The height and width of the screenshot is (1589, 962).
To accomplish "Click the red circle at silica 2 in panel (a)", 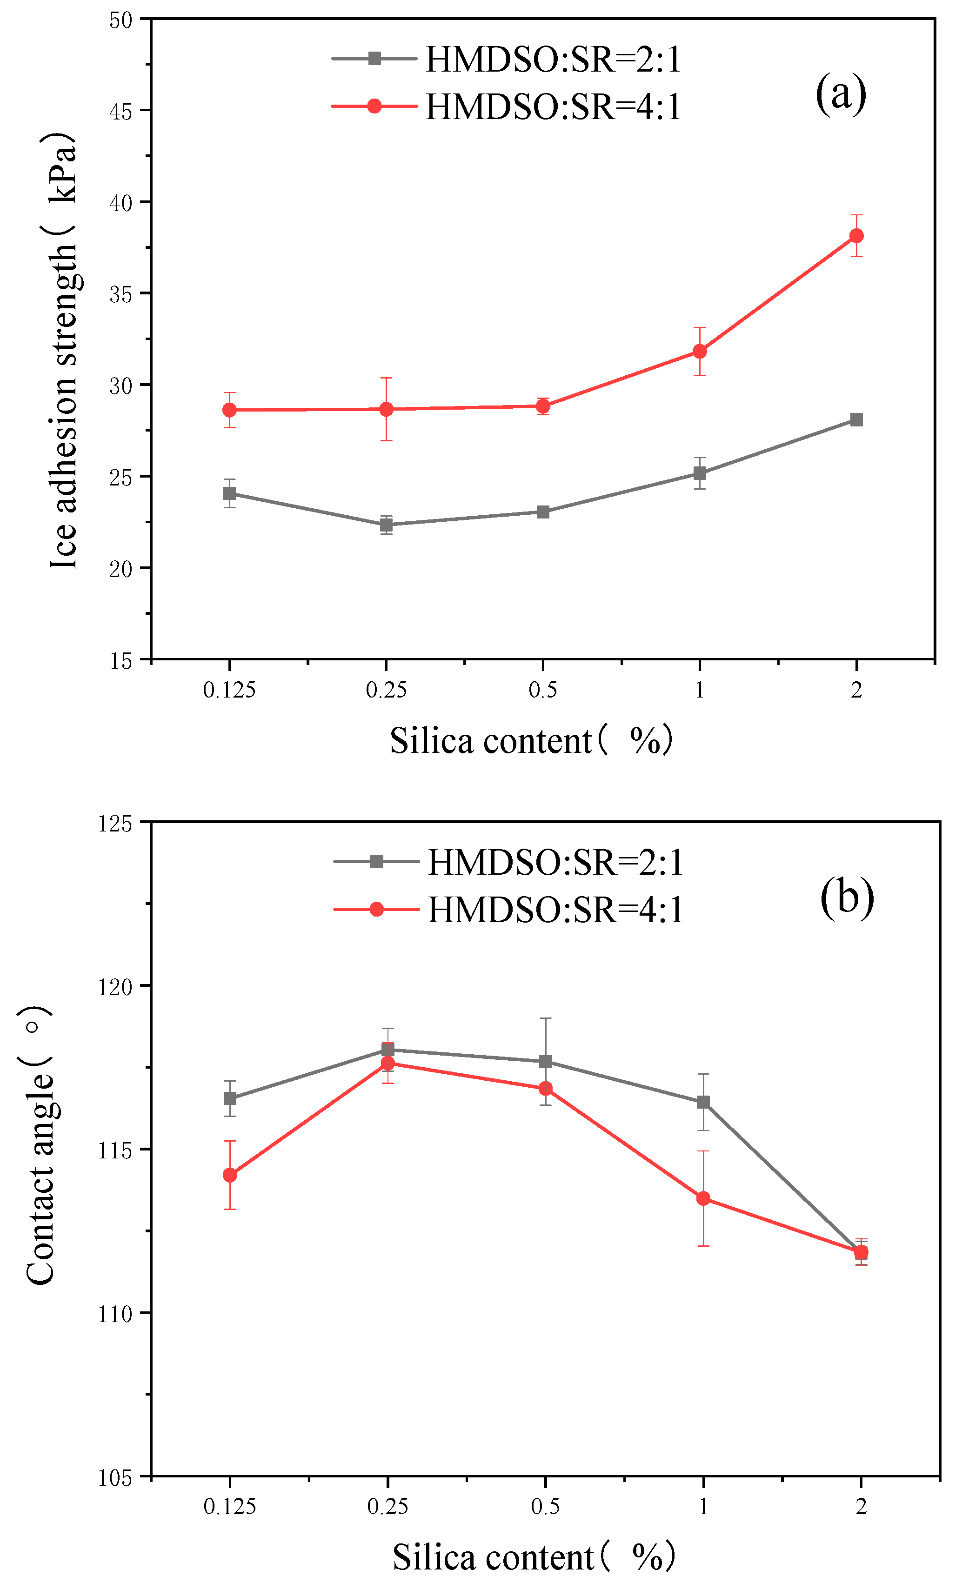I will [856, 236].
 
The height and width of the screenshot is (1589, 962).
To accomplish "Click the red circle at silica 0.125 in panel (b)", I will [230, 1175].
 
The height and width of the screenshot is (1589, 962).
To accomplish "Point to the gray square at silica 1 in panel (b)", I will [703, 1102].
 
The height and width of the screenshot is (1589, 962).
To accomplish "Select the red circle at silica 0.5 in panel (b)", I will [546, 1089].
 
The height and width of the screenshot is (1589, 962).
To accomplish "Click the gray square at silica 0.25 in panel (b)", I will [388, 1049].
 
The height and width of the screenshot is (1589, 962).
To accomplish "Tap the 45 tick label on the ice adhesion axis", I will [120, 112].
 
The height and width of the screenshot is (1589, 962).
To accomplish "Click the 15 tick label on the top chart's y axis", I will [120, 661].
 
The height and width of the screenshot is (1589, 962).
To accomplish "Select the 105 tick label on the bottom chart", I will [115, 1478].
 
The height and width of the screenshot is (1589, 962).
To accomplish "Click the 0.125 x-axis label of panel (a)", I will [230, 690].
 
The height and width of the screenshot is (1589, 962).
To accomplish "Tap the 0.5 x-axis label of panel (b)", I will [546, 1506].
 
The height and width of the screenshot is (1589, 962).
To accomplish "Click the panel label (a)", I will [840, 94].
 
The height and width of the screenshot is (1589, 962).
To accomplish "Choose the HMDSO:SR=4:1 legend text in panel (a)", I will [553, 107].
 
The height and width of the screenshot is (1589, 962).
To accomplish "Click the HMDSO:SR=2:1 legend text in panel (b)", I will [555, 862].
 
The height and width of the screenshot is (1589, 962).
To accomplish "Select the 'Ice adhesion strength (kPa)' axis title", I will [63, 352].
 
